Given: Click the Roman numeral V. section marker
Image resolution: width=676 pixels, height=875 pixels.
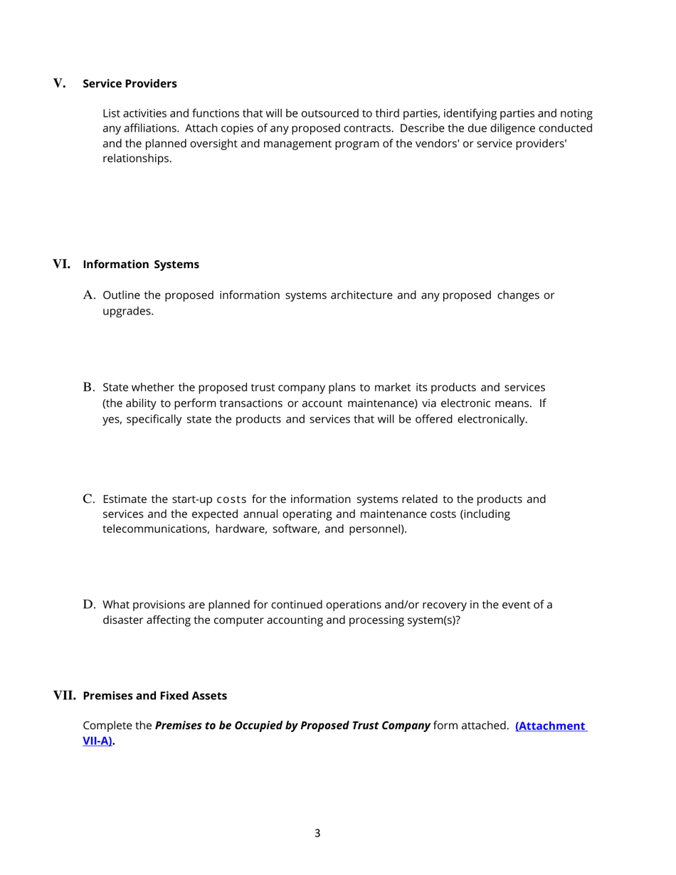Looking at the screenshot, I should coord(60,84).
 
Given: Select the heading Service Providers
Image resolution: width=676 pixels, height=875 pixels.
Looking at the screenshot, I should coord(130,84).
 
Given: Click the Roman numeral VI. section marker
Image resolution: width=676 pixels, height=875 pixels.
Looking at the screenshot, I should coord(62,265).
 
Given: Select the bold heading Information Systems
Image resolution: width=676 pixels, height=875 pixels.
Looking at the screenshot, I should coord(141,265).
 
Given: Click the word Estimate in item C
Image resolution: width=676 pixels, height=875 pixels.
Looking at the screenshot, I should coord(125,499).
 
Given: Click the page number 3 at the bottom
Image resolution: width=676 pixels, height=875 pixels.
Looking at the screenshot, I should coord(317,833).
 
